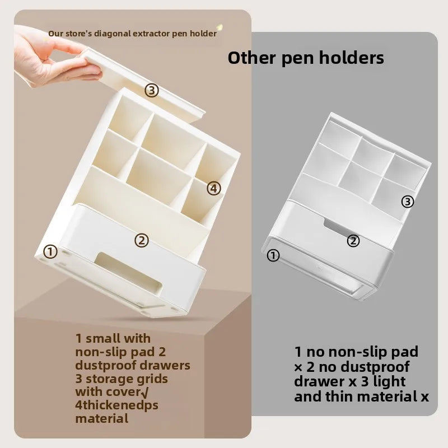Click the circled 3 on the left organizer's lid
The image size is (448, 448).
(x=152, y=90)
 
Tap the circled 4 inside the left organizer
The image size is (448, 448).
(x=214, y=189)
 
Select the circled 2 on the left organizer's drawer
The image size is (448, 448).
(x=142, y=241)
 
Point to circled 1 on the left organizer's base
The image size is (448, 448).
(x=50, y=252)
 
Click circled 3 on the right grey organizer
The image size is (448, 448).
(x=408, y=202)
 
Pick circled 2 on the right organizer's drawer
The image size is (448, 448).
(x=353, y=241)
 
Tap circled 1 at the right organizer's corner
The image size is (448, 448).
(x=273, y=255)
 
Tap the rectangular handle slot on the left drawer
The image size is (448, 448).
(x=128, y=272)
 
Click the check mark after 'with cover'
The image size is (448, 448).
(x=145, y=393)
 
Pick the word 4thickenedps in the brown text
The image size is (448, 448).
(x=116, y=405)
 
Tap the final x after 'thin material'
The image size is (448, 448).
(x=425, y=398)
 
